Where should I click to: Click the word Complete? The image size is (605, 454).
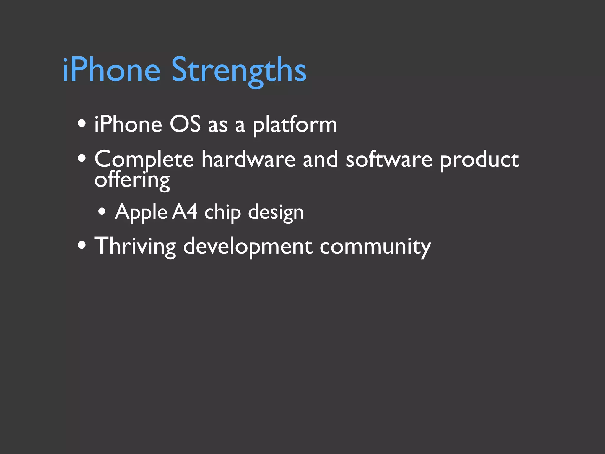click(144, 160)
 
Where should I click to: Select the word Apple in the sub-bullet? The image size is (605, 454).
click(141, 212)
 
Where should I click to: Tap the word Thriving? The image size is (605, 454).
click(135, 246)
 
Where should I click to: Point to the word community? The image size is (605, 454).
click(375, 247)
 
